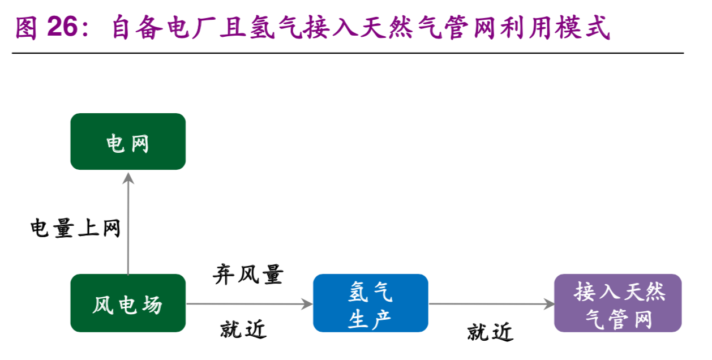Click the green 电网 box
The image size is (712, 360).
(128, 142)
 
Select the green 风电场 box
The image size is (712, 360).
(128, 303)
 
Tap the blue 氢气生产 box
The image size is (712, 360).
(370, 303)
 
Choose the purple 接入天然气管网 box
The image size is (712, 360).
(617, 303)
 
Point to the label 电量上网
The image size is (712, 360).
(75, 228)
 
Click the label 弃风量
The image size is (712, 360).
(248, 275)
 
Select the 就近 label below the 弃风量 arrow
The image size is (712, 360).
(243, 329)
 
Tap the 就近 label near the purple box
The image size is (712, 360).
(490, 332)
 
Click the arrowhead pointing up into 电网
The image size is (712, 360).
(128, 178)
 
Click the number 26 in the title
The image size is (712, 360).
(62, 27)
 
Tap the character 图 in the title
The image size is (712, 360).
(26, 28)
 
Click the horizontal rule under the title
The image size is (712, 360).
(348, 53)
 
